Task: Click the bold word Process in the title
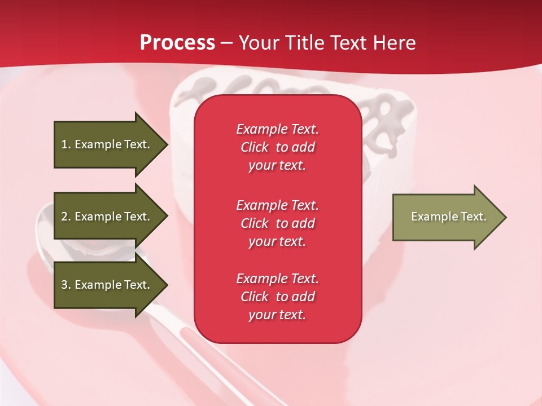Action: click(x=177, y=43)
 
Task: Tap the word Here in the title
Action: click(x=394, y=43)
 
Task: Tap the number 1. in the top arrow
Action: click(x=66, y=144)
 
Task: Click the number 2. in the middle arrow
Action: click(x=66, y=217)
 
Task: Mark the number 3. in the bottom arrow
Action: click(x=66, y=285)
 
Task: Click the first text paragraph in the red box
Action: click(x=277, y=147)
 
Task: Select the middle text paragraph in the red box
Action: click(x=277, y=223)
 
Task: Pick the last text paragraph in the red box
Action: click(x=277, y=297)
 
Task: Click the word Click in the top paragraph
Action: click(x=255, y=147)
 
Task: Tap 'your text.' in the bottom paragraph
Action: click(x=277, y=315)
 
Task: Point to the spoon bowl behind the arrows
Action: click(x=45, y=226)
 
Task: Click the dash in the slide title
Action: click(x=227, y=43)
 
